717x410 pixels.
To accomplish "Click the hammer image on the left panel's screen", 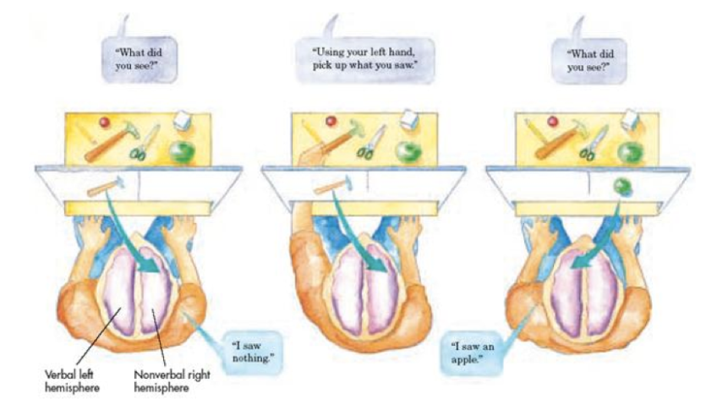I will point(106,185).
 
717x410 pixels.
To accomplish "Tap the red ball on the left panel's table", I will point(106,123).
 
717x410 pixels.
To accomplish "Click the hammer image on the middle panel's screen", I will point(331,186).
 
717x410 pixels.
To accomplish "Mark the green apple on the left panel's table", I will point(180,152).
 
